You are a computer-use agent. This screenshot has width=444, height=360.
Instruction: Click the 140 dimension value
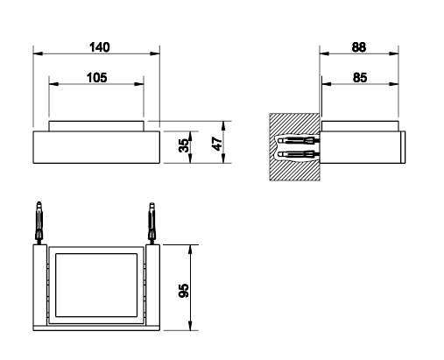[100, 47]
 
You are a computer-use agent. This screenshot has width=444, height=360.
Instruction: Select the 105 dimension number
[97, 78]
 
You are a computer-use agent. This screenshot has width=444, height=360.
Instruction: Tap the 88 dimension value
[359, 47]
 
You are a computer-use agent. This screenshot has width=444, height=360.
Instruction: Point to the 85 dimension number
[360, 78]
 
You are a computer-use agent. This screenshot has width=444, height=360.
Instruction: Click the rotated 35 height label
[184, 145]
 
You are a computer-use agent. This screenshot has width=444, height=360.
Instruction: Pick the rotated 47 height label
[217, 144]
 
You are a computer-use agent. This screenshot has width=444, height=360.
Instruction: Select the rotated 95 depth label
[184, 291]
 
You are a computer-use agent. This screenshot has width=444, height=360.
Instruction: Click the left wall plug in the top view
[39, 222]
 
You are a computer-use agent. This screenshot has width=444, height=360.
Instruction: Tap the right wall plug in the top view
[152, 223]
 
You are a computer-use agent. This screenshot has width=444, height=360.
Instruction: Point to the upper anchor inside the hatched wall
[299, 140]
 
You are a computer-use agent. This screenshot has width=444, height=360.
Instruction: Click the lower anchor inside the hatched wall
[299, 154]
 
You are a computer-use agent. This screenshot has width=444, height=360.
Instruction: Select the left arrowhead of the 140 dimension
[38, 53]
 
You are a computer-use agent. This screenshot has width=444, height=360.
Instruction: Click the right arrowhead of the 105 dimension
[139, 84]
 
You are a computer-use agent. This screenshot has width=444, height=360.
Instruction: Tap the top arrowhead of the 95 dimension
[190, 250]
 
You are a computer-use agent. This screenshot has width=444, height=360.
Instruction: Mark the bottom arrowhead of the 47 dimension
[223, 159]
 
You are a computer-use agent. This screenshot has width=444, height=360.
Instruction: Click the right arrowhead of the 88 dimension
[394, 53]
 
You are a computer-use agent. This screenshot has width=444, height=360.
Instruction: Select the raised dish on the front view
[96, 126]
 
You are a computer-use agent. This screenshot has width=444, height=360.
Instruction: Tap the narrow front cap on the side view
[403, 147]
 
